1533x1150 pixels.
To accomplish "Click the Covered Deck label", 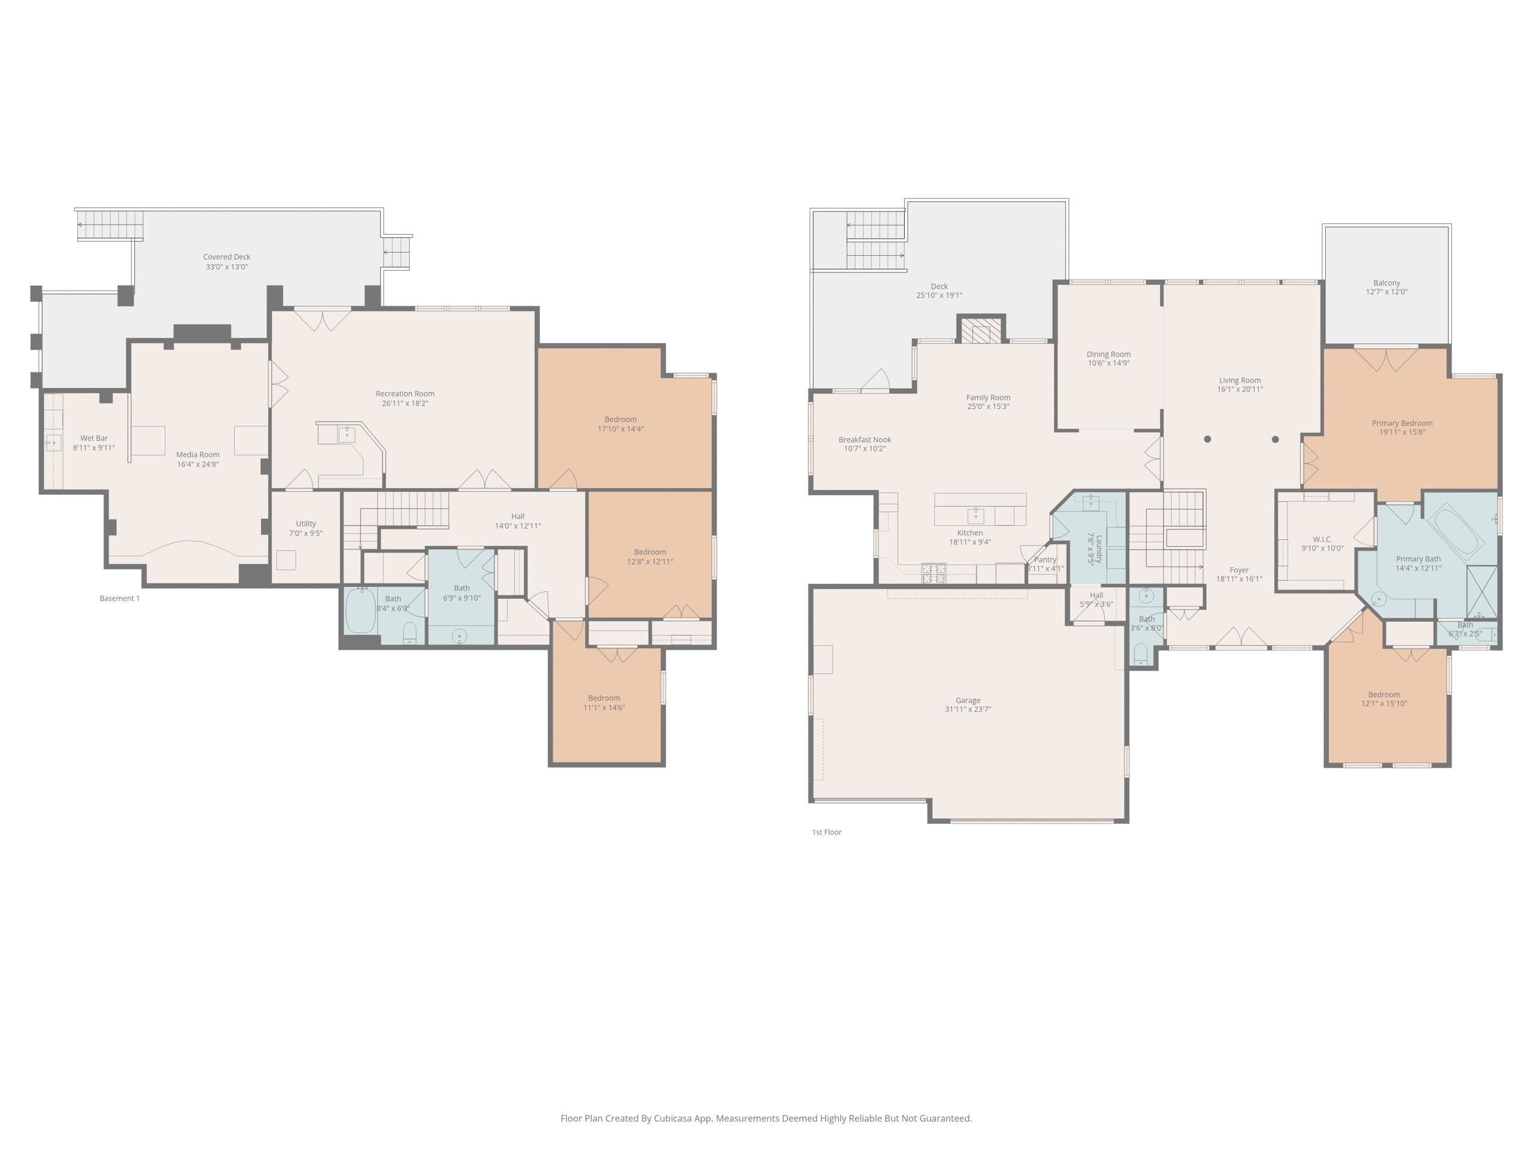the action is coord(226,257).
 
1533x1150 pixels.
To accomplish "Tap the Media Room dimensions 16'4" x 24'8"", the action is coord(198,464).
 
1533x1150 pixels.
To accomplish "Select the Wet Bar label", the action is coord(93,438).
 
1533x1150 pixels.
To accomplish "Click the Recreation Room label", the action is coord(405,394).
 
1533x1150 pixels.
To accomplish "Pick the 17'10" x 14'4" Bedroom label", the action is coord(620,419).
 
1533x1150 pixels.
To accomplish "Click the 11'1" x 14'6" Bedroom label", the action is coord(604,698).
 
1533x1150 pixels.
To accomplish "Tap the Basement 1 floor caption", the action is coord(119,598).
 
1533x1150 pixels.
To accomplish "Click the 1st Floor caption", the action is coord(827,832).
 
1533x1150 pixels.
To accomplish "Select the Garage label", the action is coord(968,700).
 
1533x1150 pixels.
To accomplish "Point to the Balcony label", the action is coord(1387,283).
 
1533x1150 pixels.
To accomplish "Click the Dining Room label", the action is coord(1108,354).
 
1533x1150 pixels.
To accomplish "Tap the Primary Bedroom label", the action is coord(1402,423).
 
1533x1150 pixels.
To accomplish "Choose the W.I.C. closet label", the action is coord(1322,539).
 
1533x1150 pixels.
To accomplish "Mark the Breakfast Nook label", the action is coord(865,440).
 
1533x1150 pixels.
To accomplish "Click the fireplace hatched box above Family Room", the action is coord(981,330).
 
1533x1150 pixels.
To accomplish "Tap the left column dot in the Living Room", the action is coord(1207,439).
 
